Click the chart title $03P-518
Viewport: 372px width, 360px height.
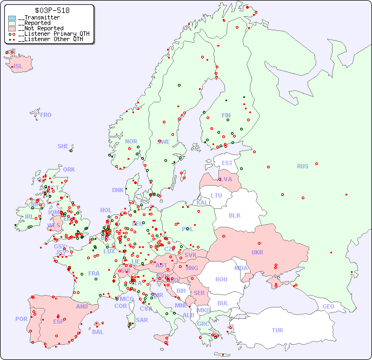click(51, 10)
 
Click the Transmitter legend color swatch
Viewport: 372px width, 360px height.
click(12, 18)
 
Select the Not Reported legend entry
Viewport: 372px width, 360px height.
click(41, 28)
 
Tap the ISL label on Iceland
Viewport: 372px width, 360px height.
click(18, 67)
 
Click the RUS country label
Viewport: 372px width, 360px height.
click(302, 166)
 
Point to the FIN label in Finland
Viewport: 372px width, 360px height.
click(226, 115)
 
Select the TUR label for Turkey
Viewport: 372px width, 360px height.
click(277, 330)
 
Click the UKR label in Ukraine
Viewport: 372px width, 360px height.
click(257, 252)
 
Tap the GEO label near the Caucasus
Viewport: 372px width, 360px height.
click(328, 306)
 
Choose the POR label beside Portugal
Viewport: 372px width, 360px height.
click(21, 319)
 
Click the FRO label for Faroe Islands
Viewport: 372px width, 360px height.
click(46, 115)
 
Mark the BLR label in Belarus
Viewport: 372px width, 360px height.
click(234, 215)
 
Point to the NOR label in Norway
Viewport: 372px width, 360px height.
click(131, 141)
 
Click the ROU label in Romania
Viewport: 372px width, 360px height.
click(221, 279)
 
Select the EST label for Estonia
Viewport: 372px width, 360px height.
click(227, 163)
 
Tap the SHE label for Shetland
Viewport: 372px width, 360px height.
click(63, 146)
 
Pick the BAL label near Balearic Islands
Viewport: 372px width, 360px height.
click(98, 332)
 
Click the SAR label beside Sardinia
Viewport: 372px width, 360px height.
click(142, 320)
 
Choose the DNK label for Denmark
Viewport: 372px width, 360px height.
click(118, 190)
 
